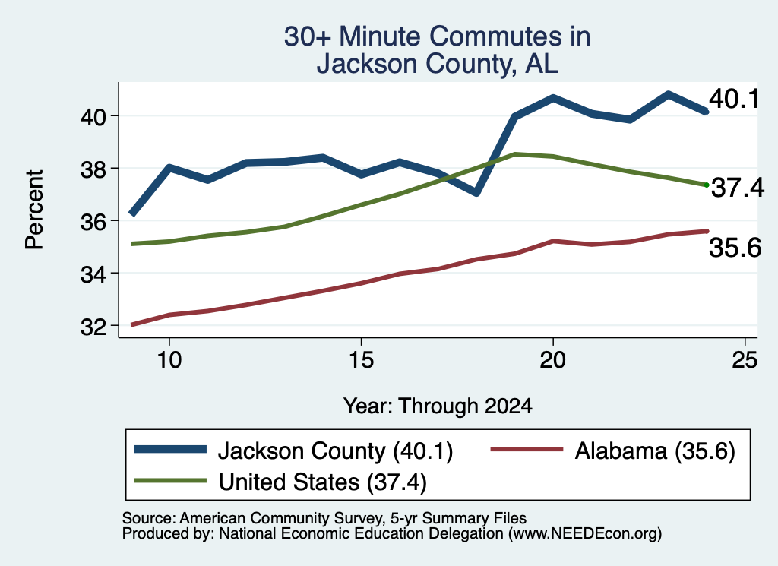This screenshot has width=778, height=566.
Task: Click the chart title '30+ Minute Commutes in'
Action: tap(437, 36)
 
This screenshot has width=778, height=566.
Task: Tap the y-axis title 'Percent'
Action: tap(34, 210)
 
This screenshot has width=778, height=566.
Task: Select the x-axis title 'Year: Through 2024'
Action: tap(438, 406)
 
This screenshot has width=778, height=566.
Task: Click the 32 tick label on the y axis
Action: tap(93, 327)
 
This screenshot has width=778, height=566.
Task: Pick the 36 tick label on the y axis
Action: tap(93, 222)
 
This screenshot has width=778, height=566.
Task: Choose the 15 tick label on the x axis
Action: tap(361, 359)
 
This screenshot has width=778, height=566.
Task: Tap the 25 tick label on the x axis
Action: tap(745, 359)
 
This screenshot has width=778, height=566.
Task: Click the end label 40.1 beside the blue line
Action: tap(734, 99)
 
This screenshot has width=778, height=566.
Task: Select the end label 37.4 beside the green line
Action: tap(738, 188)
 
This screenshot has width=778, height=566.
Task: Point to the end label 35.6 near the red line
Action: tap(735, 247)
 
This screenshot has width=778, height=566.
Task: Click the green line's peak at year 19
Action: tap(515, 154)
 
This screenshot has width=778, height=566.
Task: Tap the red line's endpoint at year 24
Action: tap(707, 231)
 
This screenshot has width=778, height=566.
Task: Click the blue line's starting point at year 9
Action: tap(131, 213)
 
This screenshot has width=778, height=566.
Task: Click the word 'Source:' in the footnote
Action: tap(149, 518)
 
